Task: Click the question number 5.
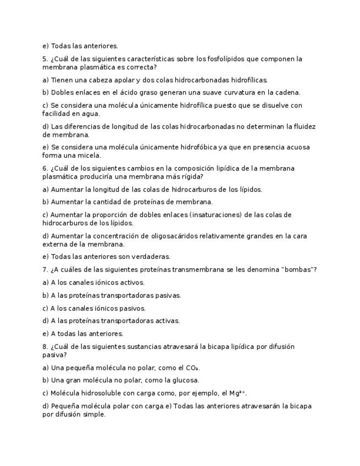pos(45,59)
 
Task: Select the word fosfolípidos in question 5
pos(215,59)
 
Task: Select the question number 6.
pos(45,168)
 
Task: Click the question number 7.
pos(45,269)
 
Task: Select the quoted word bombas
pos(297,269)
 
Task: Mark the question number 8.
pos(45,347)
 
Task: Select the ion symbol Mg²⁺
pos(237,393)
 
